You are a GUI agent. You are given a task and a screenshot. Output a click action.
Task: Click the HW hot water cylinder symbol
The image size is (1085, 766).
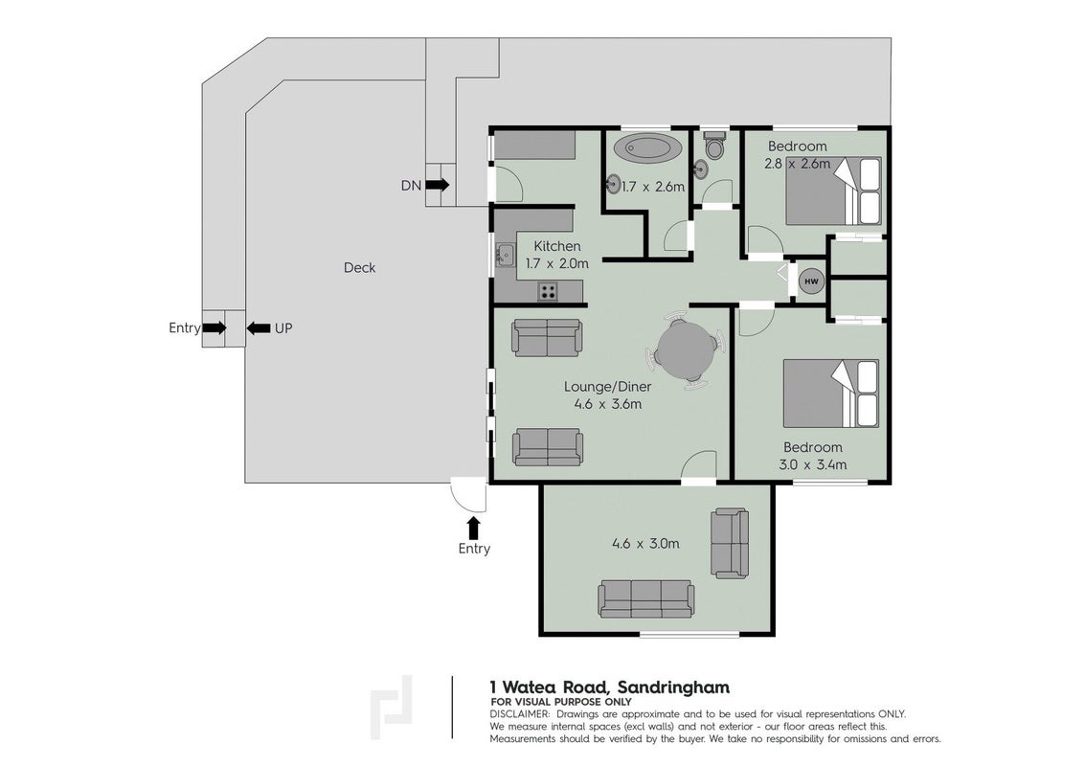(812, 282)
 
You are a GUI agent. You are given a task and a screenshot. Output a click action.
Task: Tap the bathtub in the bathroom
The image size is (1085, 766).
(647, 148)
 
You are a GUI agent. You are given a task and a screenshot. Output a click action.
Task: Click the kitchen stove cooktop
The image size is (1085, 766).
(548, 292)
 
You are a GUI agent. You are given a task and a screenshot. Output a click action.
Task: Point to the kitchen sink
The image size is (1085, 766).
(506, 256)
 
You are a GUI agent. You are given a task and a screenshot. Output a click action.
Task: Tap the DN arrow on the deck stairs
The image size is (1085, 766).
(437, 185)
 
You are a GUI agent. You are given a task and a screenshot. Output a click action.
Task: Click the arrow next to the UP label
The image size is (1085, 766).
(259, 328)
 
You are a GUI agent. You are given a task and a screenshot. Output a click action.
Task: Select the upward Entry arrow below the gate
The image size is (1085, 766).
(473, 529)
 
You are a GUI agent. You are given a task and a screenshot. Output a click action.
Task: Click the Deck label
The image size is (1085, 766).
(360, 268)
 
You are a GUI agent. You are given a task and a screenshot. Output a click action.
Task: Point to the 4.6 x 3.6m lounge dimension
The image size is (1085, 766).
(607, 404)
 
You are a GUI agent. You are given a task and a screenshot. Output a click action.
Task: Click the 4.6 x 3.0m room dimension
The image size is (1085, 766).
(645, 544)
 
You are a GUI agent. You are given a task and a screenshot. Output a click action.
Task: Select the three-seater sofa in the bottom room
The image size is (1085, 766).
(646, 598)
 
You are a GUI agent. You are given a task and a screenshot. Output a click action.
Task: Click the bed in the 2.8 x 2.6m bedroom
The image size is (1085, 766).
(833, 191)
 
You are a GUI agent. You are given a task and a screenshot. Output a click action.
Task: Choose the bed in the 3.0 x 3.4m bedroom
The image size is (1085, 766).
(831, 394)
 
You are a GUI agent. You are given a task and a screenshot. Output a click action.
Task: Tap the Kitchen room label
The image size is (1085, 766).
(557, 246)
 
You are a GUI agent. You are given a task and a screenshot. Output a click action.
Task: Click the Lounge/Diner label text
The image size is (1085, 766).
(607, 387)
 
